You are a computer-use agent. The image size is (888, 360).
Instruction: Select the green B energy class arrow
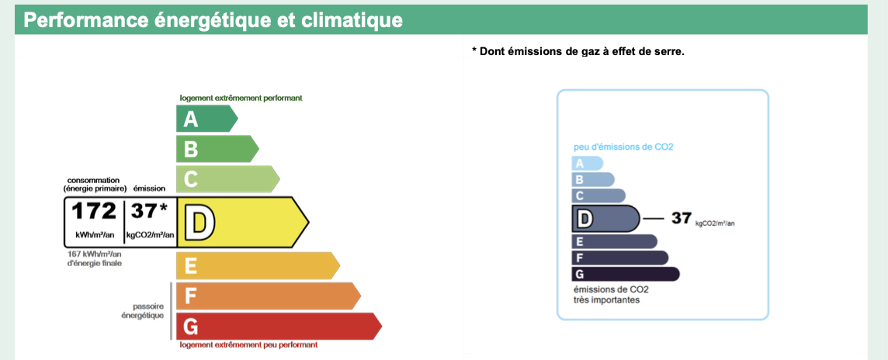[x=217, y=148]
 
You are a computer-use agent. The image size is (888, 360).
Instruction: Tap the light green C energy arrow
[x=227, y=179]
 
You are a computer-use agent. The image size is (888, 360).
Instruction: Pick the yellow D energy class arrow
[x=243, y=222]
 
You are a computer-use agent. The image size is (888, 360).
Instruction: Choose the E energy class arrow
[x=258, y=265]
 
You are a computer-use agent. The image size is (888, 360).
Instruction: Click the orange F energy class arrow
[x=269, y=296]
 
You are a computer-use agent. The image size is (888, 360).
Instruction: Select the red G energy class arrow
[x=279, y=326]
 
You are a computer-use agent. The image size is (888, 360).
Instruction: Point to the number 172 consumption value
[x=93, y=210]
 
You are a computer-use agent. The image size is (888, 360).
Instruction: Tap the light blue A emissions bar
[x=588, y=164]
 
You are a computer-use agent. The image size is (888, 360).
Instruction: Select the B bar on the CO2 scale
[x=594, y=179]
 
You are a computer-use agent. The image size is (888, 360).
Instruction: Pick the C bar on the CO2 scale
[x=599, y=196]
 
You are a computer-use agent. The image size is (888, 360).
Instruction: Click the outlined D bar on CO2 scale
[x=606, y=218]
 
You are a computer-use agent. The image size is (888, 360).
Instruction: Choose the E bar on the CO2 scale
[x=615, y=242]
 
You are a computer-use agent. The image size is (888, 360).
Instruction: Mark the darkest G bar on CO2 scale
[x=626, y=274]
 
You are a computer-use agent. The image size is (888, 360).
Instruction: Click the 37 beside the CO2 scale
[x=682, y=218]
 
